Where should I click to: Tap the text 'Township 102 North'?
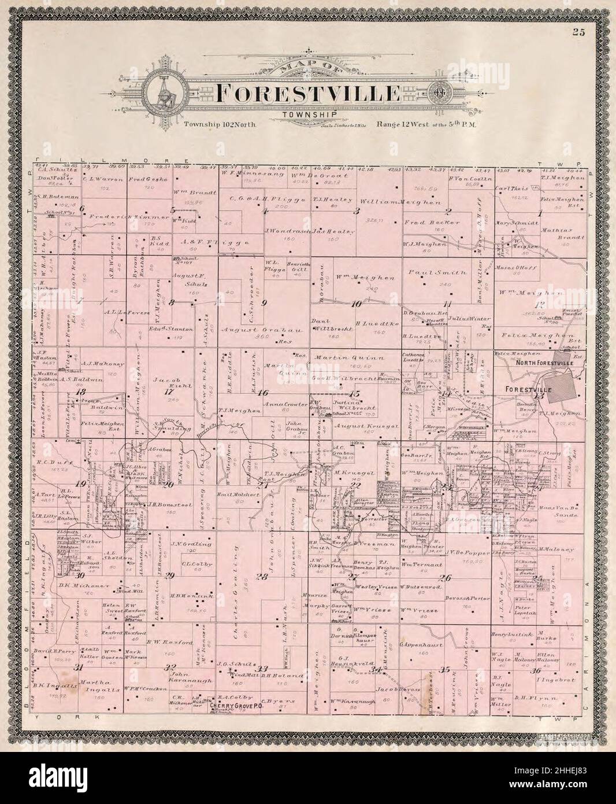220,124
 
